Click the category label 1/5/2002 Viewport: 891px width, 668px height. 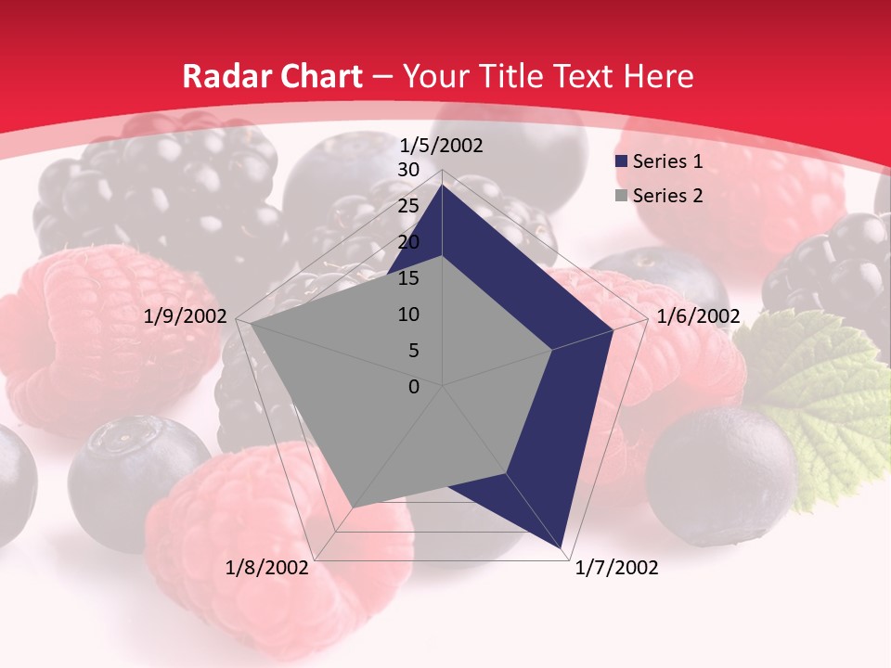click(442, 146)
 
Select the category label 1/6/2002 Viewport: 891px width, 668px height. click(698, 316)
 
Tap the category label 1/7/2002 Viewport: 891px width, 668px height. click(616, 568)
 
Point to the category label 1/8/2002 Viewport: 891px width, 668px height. click(267, 568)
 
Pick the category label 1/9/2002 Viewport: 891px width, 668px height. click(186, 316)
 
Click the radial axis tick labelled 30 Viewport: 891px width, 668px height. click(408, 170)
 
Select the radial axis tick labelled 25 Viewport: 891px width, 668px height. click(408, 206)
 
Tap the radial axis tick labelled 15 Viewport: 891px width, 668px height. click(408, 278)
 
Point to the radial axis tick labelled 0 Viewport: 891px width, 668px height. click(414, 387)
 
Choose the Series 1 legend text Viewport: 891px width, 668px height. click(667, 161)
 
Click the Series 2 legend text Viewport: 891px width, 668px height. click(667, 195)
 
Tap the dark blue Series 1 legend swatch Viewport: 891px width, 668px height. click(621, 162)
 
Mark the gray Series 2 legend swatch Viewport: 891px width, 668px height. click(621, 196)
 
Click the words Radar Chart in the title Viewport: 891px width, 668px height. click(272, 76)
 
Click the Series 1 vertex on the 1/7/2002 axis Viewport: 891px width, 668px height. click(562, 548)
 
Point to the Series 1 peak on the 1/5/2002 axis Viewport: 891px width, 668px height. click(442, 186)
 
